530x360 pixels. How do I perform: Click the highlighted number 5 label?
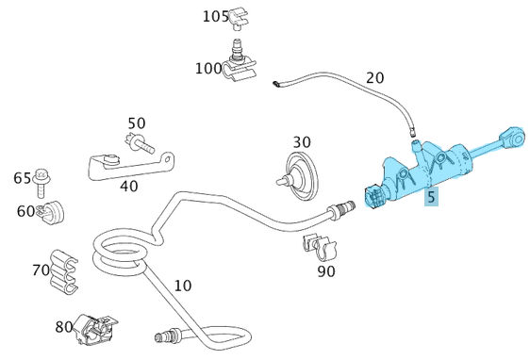431,198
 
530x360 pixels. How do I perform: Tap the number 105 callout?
216,17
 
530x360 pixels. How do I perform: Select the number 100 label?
208,68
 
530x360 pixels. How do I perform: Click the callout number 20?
374,77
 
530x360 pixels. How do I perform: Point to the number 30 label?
301,142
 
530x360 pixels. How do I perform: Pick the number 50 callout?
137,123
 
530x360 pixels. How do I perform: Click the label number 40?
128,186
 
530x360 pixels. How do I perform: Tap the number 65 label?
22,178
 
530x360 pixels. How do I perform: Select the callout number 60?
25,211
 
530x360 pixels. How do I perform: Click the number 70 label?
41,270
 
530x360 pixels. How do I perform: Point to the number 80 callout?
64,327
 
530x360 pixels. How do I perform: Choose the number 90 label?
326,272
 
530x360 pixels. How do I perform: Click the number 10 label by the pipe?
182,285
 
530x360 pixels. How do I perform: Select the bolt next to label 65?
42,176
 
